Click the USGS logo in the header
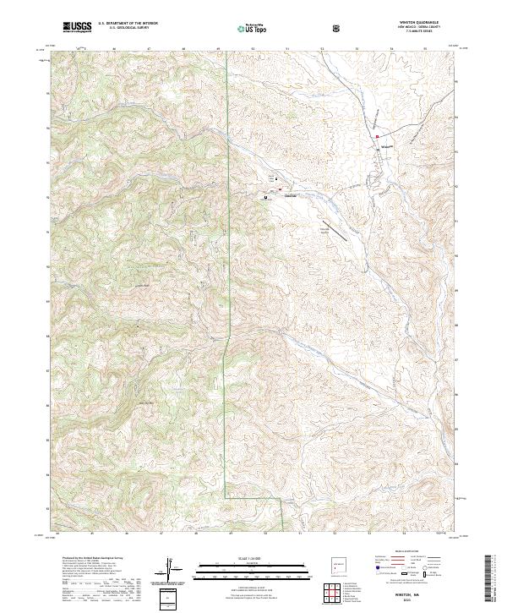pyautogui.click(x=77, y=27)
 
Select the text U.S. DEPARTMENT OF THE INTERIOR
pyautogui.click(x=126, y=25)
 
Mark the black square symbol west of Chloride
pyautogui.click(x=266, y=197)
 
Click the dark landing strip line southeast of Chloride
pyautogui.click(x=335, y=230)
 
